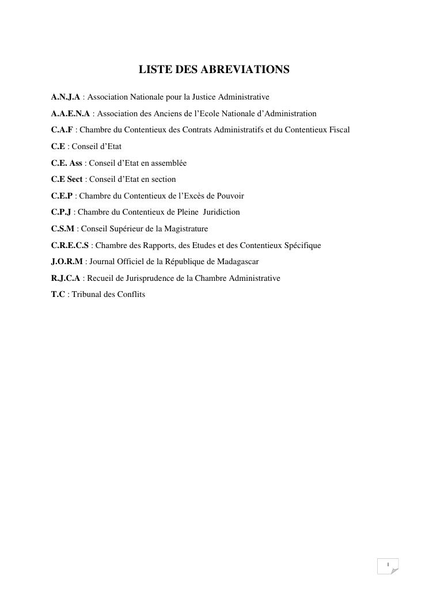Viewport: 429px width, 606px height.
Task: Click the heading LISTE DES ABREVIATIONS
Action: pyautogui.click(x=214, y=70)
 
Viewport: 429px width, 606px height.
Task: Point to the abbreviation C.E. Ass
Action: pyautogui.click(x=67, y=163)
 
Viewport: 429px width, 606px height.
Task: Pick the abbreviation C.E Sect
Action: pyautogui.click(x=67, y=180)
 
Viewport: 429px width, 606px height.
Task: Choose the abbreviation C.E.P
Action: pyautogui.click(x=62, y=196)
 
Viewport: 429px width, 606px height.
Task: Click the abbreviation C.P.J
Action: pyautogui.click(x=61, y=212)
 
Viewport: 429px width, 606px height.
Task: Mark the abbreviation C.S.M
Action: pyautogui.click(x=63, y=229)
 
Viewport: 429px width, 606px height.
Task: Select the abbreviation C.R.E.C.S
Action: pyautogui.click(x=70, y=246)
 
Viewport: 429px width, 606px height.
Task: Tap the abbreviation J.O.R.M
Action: pyautogui.click(x=67, y=262)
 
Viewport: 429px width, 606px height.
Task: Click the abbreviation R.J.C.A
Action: pyautogui.click(x=66, y=279)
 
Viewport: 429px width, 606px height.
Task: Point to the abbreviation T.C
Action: pyautogui.click(x=58, y=295)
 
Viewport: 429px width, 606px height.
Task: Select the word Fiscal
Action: pyautogui.click(x=339, y=130)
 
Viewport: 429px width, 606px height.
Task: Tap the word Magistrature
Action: pyautogui.click(x=185, y=229)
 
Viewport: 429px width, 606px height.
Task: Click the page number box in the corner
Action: pyautogui.click(x=388, y=566)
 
